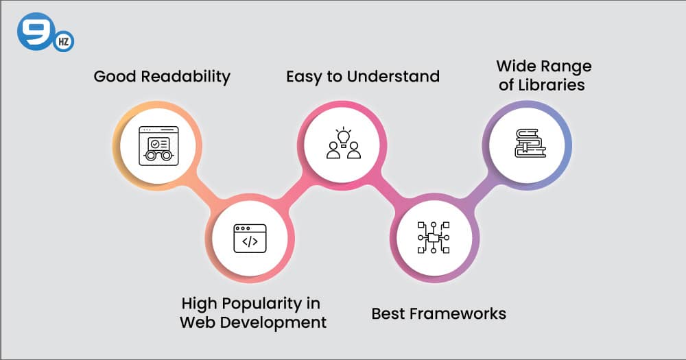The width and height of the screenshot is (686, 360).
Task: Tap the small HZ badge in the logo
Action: [62, 41]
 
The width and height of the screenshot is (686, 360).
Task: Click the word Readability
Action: [186, 76]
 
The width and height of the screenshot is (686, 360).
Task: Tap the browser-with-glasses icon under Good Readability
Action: [158, 145]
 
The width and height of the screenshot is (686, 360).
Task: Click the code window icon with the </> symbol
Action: [250, 238]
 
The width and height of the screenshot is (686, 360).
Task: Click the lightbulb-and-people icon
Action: [343, 143]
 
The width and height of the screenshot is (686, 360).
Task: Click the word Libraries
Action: [552, 85]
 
